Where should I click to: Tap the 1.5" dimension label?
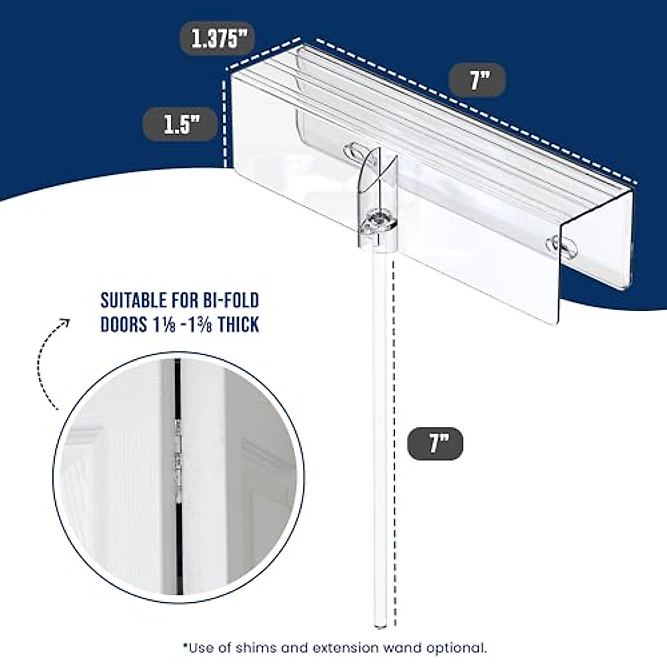(181, 123)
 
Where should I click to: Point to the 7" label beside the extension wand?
(435, 444)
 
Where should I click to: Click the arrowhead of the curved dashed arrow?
(66, 322)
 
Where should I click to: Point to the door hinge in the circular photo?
(178, 456)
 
